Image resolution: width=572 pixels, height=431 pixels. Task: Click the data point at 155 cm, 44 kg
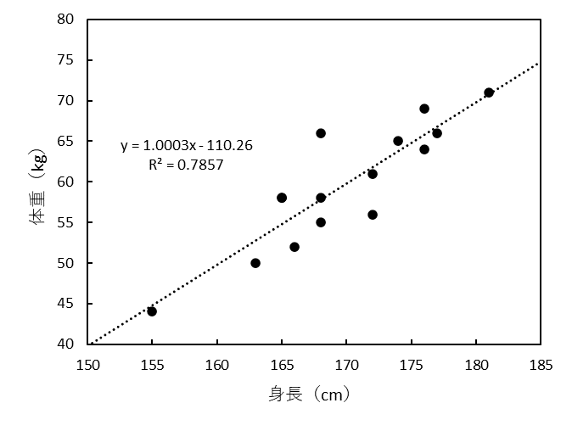click(x=152, y=311)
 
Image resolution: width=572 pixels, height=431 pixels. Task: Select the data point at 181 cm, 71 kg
click(x=489, y=92)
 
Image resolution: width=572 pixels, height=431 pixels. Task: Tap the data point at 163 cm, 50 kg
click(x=255, y=263)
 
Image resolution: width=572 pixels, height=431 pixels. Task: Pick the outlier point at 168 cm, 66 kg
click(x=321, y=133)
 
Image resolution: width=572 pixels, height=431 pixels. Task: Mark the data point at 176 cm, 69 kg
click(x=424, y=109)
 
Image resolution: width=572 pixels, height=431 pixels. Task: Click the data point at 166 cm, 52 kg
click(x=294, y=247)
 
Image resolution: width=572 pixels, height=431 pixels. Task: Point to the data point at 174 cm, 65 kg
click(x=398, y=141)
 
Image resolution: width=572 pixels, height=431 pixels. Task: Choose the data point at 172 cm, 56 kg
click(x=373, y=215)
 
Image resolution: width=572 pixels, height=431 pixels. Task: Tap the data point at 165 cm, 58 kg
click(x=282, y=198)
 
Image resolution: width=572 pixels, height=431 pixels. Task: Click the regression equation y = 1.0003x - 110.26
click(x=186, y=146)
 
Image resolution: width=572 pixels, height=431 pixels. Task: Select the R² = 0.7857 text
click(x=186, y=165)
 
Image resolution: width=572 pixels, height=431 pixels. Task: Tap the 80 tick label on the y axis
click(x=67, y=20)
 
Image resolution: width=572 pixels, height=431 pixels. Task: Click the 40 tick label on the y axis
click(x=67, y=344)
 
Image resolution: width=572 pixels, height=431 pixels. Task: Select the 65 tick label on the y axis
click(x=67, y=141)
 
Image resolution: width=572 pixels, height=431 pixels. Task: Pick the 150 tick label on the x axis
click(x=87, y=366)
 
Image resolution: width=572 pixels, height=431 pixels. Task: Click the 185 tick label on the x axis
click(x=541, y=366)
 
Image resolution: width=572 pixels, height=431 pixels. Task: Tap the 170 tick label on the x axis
click(x=346, y=366)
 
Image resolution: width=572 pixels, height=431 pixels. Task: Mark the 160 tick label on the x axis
click(x=217, y=366)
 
